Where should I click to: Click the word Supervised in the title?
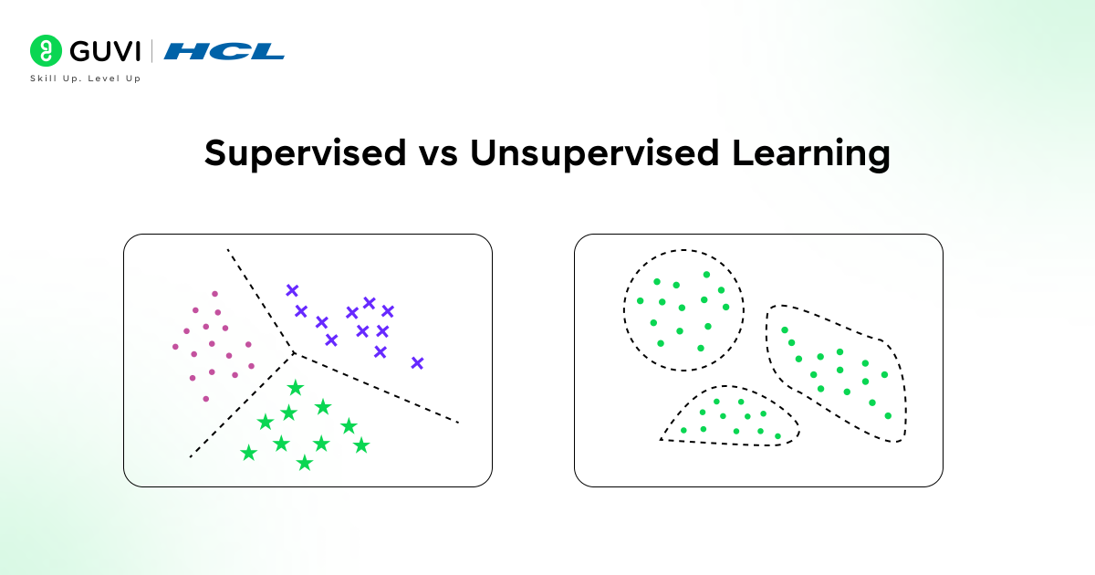[x=305, y=153]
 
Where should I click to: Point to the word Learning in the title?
[x=812, y=153]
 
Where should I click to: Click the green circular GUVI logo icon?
[x=45, y=50]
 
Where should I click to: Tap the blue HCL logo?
[x=224, y=51]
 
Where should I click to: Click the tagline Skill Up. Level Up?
[x=86, y=78]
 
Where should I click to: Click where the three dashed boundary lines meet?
[x=293, y=351]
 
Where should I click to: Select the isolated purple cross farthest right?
[x=417, y=363]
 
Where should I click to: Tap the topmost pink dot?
[x=215, y=294]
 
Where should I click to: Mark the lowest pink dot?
[x=206, y=399]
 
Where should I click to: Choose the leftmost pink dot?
[x=175, y=347]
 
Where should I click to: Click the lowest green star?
[x=305, y=464]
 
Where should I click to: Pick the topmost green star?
[x=295, y=388]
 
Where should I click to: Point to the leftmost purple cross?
[x=292, y=290]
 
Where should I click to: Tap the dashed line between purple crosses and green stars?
[x=374, y=387]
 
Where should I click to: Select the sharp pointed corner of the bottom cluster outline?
[x=661, y=439]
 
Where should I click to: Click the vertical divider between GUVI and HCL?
[x=152, y=51]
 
